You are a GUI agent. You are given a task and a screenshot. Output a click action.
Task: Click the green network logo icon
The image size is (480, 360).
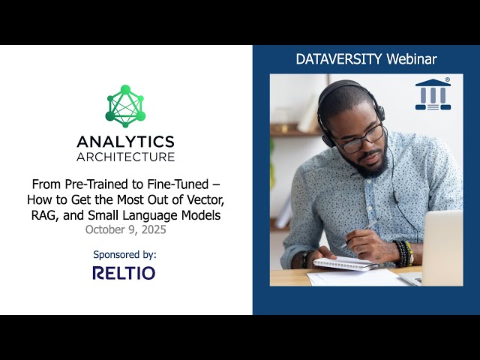coord(125,106)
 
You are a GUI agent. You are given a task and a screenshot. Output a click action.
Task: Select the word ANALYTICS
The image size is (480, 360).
coord(125,142)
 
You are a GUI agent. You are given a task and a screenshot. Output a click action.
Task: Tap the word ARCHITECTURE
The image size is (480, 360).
coord(125,157)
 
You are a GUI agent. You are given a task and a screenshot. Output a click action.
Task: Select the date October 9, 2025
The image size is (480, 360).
coord(125,230)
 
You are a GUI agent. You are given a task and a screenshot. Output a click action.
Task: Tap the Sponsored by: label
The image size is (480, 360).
coord(125,254)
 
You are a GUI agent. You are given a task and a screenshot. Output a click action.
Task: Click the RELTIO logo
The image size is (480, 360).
coord(124,272)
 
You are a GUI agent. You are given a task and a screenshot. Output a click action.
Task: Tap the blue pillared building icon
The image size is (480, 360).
coord(433,94)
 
